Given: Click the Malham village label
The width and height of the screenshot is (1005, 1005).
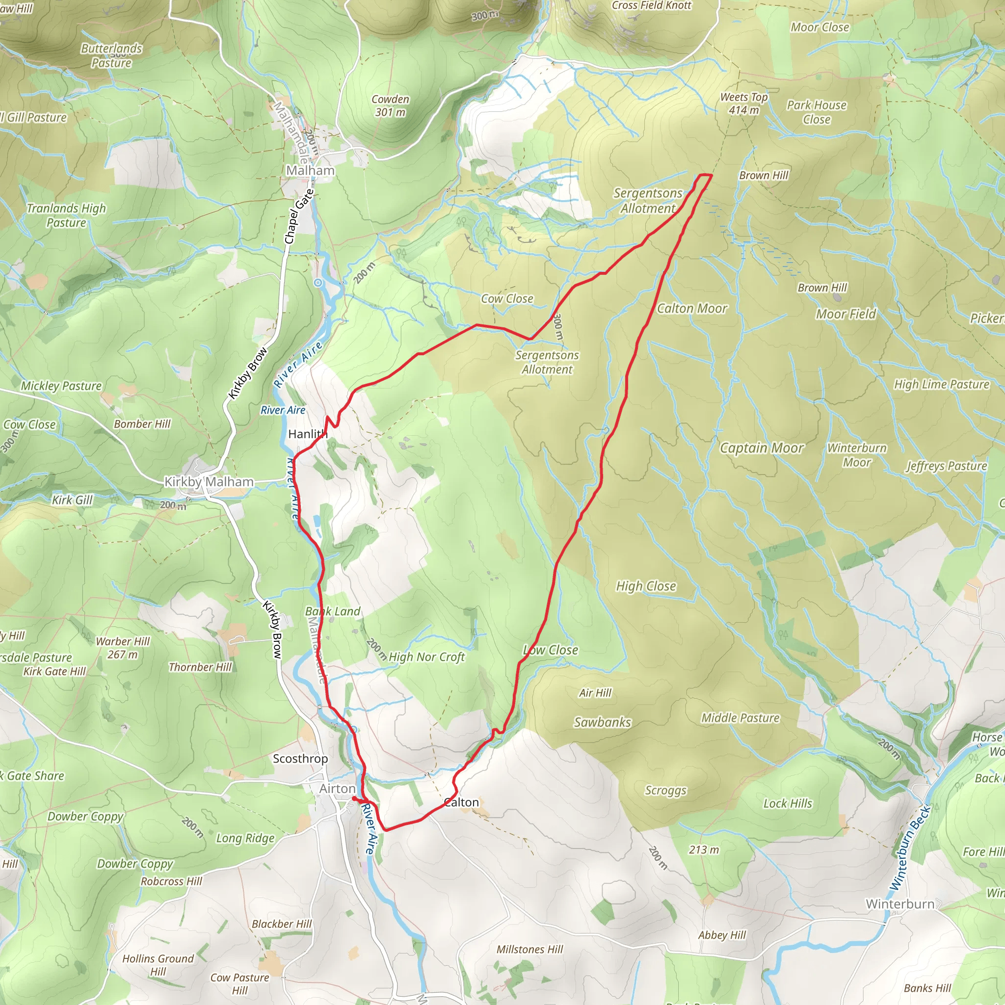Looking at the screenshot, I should click(310, 171).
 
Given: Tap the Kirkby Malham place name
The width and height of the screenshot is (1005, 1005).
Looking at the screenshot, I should click(209, 482).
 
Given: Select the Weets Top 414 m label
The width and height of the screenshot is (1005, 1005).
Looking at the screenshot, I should click(743, 104).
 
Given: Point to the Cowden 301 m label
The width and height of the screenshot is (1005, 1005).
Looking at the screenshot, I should click(390, 106).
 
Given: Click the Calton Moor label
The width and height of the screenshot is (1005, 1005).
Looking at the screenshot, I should click(691, 309).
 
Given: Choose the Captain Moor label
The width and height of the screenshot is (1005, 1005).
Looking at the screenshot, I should click(761, 448).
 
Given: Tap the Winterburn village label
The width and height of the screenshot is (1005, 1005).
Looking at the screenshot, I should click(899, 903).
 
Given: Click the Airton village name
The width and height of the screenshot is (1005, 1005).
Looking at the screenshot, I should click(337, 789).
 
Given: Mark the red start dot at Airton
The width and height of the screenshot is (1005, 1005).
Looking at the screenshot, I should click(354, 798).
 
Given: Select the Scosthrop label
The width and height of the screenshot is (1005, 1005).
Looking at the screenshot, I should click(300, 759).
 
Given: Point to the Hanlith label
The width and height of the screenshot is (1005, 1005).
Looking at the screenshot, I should click(307, 434).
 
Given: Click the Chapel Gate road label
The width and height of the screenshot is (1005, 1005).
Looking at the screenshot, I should click(299, 216).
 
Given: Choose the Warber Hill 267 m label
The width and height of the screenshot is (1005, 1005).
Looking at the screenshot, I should click(123, 648).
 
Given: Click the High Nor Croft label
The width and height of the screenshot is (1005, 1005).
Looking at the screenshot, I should click(426, 657).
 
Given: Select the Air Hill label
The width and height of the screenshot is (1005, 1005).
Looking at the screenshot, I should click(595, 693).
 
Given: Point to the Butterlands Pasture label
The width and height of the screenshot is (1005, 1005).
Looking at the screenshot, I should click(111, 55).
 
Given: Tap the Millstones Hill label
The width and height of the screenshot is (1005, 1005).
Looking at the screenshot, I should click(529, 950).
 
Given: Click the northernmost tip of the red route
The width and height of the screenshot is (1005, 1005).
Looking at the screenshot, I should click(704, 175).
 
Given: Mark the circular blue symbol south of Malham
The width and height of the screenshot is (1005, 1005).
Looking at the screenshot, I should click(318, 283).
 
